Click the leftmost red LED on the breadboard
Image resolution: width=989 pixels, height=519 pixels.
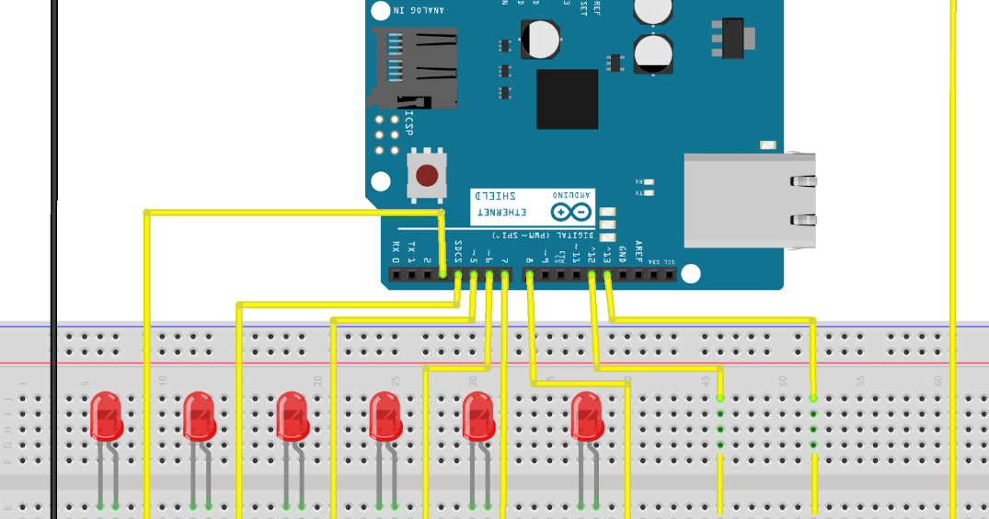point(106,416)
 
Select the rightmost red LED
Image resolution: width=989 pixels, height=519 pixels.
point(586,416)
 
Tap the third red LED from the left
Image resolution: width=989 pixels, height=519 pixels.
point(292,416)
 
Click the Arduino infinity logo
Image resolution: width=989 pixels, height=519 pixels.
point(572,213)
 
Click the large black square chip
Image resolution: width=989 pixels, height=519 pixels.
point(567,98)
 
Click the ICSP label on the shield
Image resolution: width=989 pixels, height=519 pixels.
point(408,123)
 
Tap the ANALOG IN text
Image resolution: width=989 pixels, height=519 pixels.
point(419,10)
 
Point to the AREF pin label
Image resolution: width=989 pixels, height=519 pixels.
point(638,251)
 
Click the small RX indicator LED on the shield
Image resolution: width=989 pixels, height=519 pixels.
point(650,182)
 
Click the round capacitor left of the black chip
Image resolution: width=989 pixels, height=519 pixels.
point(540,40)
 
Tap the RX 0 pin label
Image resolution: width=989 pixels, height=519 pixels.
point(396,248)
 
